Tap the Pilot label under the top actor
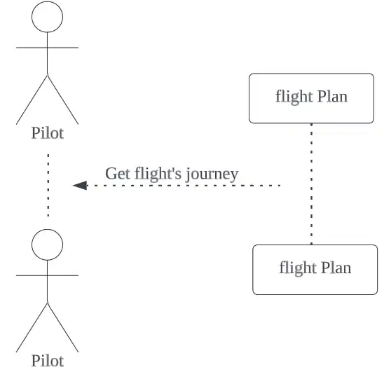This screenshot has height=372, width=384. [48, 133]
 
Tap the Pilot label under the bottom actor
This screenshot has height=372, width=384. [48, 361]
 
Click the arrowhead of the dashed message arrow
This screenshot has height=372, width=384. [80, 186]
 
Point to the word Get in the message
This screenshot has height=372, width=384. [118, 174]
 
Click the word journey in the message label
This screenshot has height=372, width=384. [212, 174]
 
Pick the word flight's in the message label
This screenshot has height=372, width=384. [158, 174]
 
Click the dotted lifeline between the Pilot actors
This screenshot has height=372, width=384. [48, 185]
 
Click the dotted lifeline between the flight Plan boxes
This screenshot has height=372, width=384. [312, 184]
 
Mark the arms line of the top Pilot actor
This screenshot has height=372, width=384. [47, 48]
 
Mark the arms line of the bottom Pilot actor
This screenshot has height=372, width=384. [47, 275]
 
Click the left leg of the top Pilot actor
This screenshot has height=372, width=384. [32, 100]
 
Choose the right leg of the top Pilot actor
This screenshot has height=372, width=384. [63, 100]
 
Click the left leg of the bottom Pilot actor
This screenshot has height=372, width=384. [32, 328]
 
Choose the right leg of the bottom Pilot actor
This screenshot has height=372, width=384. [63, 328]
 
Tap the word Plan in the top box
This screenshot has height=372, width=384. [333, 97]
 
